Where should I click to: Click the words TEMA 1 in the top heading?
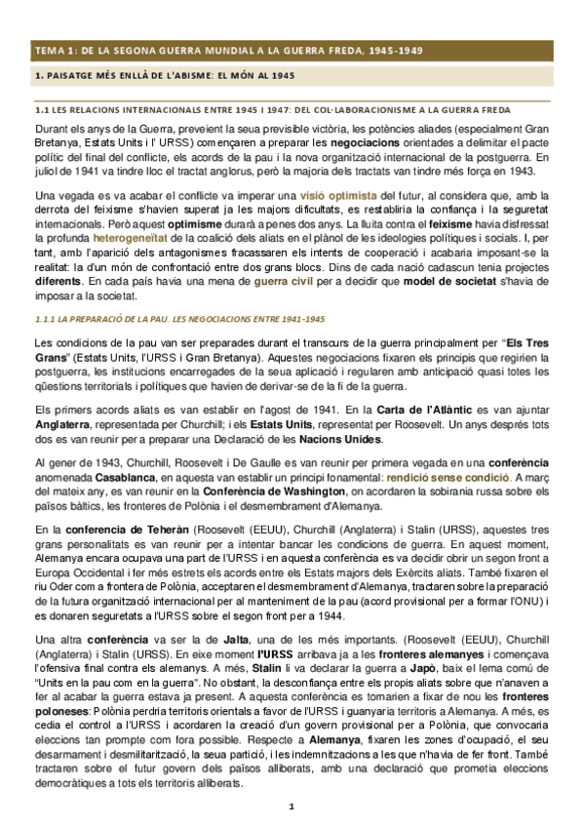click(51, 50)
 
